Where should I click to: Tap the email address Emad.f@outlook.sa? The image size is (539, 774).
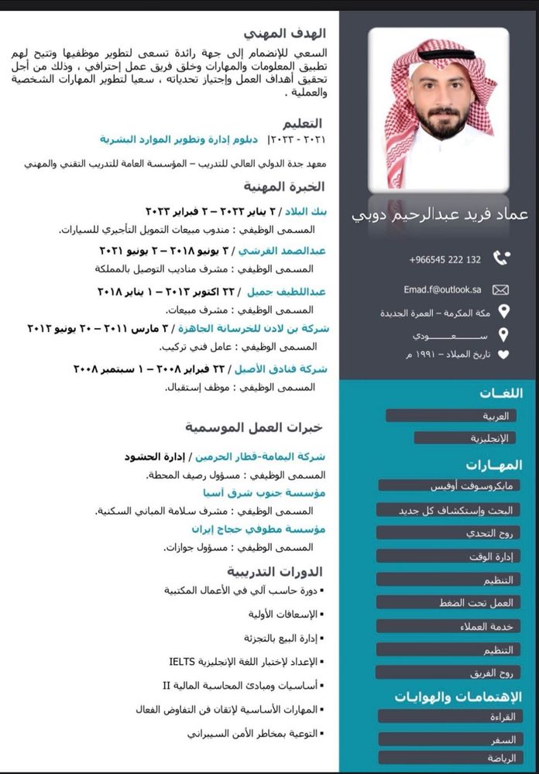coord(442,289)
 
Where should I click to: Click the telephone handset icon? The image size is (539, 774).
coord(502,259)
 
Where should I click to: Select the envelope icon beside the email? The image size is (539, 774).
coord(501,290)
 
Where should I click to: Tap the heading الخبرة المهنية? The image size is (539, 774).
coord(290,187)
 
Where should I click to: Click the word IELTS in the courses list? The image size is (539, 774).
coord(185,662)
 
